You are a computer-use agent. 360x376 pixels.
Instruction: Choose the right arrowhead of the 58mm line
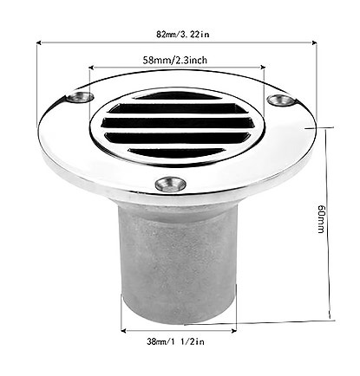click(263, 71)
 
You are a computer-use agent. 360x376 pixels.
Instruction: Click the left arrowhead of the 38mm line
click(123, 329)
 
